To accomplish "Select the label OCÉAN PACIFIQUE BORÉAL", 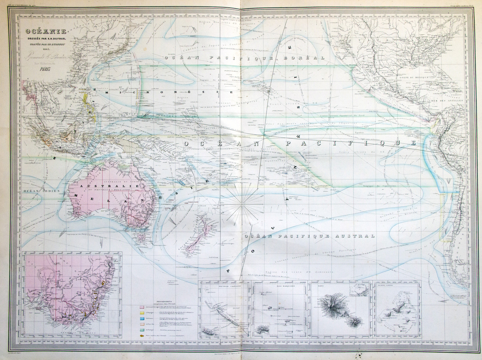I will pyautogui.click(x=244, y=58).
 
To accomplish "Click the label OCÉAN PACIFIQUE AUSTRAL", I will pyautogui.click(x=309, y=236).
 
